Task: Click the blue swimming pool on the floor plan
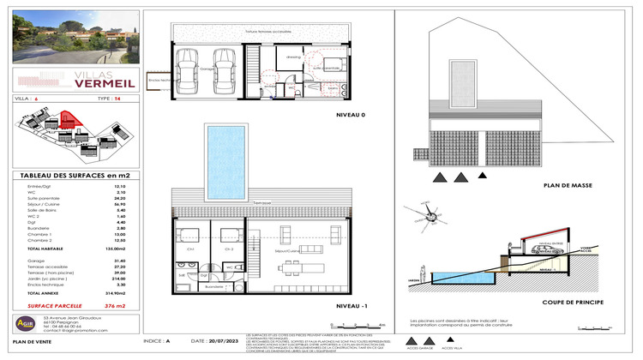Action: click(x=226, y=160)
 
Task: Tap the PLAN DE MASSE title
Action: click(x=562, y=184)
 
